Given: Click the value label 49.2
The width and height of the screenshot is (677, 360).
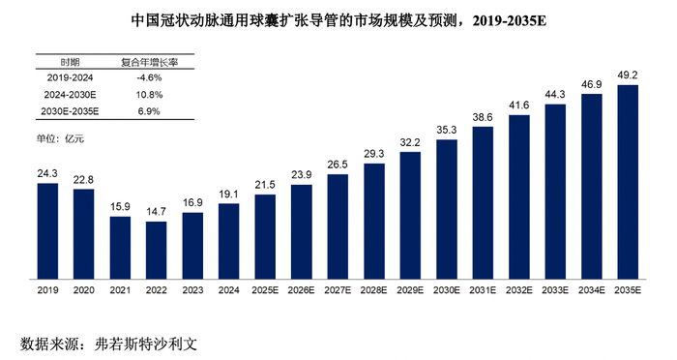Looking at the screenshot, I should (x=627, y=75).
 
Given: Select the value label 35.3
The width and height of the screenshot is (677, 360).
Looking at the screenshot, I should (x=446, y=129).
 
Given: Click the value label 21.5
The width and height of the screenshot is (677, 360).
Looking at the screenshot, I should (x=265, y=185).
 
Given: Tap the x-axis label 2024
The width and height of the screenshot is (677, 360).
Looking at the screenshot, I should (x=228, y=289).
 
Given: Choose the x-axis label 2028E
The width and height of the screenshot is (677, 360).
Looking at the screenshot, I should (x=373, y=289).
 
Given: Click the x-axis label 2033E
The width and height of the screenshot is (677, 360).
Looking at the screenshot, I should (x=554, y=289).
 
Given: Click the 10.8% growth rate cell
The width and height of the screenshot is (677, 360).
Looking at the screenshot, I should (x=147, y=95).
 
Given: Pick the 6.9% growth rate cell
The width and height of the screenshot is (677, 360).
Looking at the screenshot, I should (x=147, y=112).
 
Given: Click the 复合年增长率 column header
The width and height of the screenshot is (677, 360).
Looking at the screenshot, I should (x=147, y=60).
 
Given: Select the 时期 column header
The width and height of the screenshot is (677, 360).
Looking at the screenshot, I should (x=70, y=60).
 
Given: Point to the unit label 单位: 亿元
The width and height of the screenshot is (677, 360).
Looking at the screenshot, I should (x=61, y=139).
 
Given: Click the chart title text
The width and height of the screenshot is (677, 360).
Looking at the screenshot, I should (x=338, y=19).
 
